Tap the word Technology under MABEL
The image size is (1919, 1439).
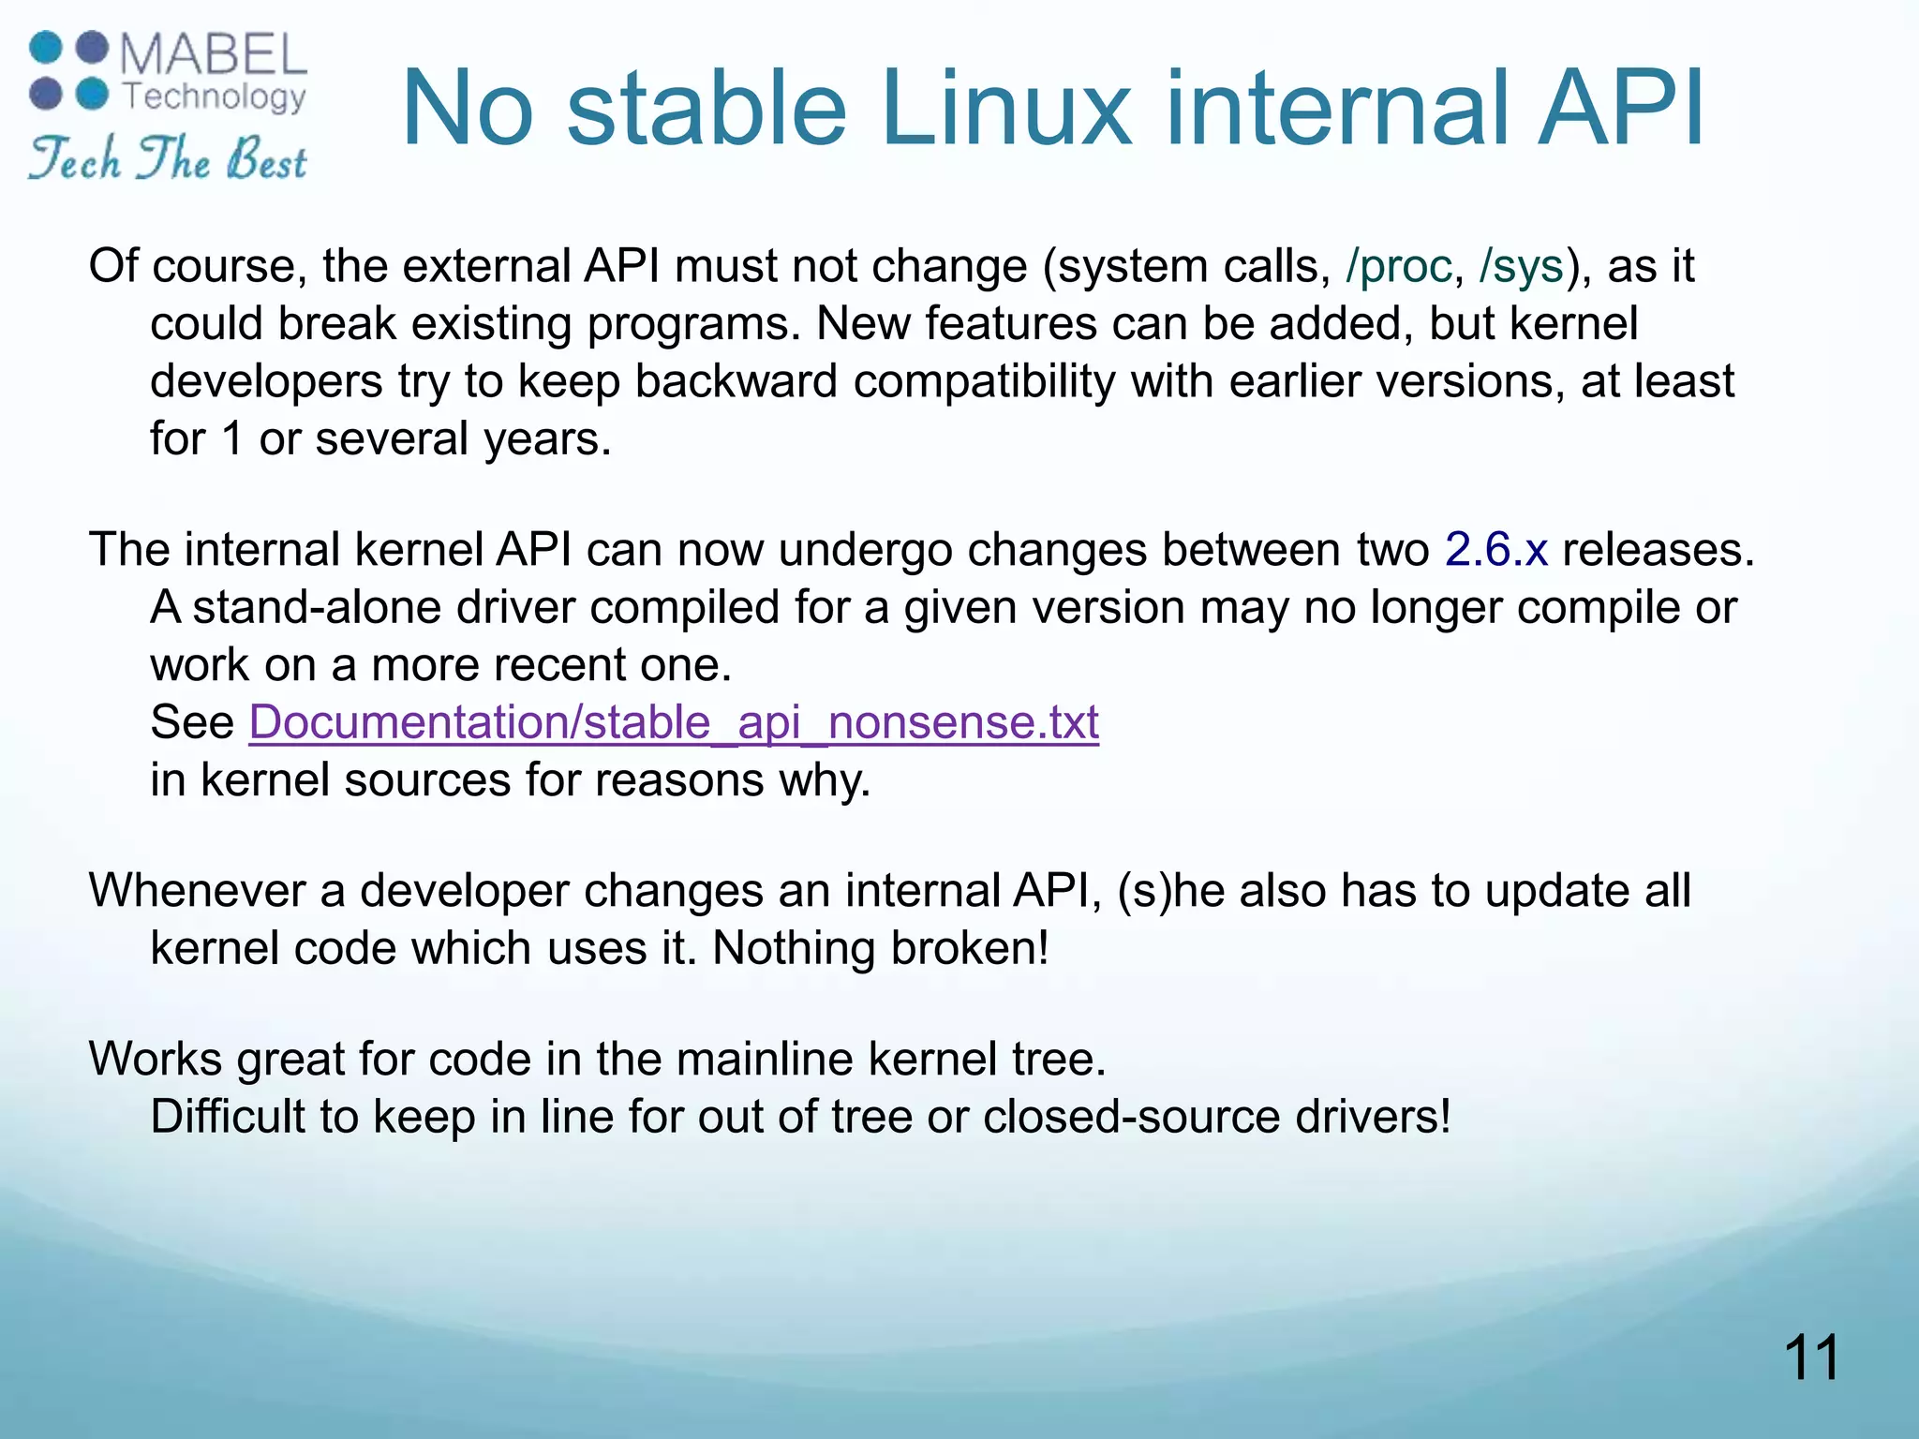(x=215, y=96)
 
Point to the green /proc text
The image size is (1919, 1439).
(x=1398, y=266)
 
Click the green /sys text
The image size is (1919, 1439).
(x=1522, y=266)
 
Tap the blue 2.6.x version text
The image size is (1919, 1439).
(x=1495, y=549)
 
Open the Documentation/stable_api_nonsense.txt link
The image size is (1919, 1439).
(x=674, y=722)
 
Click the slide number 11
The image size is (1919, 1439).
(x=1811, y=1357)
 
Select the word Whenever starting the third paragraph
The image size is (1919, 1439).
(x=197, y=890)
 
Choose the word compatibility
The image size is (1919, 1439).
(x=984, y=382)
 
